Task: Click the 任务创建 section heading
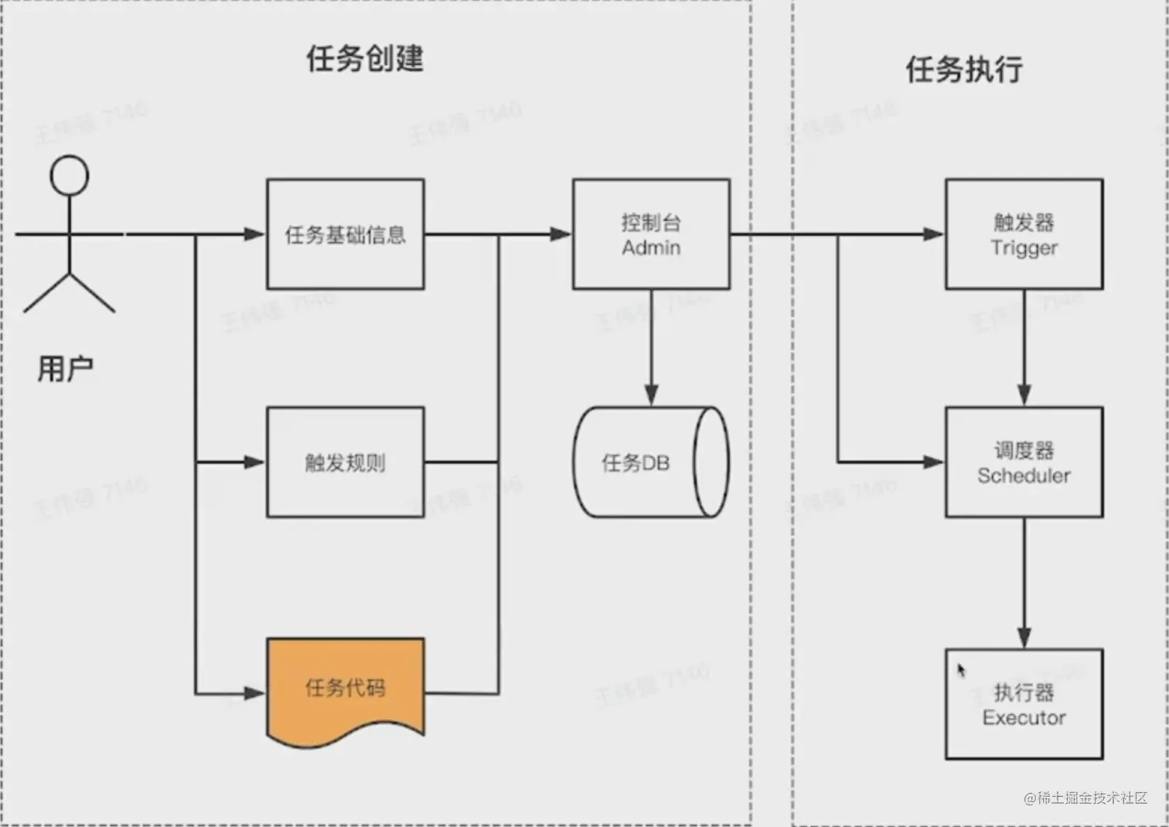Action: tap(364, 59)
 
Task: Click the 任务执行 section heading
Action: tap(963, 70)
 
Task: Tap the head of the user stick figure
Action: tap(70, 175)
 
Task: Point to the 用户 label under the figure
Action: tap(66, 369)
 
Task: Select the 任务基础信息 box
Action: tap(345, 234)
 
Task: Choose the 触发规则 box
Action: tap(345, 463)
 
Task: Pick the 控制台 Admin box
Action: tap(651, 234)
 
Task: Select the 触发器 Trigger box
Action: tap(1024, 234)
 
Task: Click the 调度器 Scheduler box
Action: tap(1024, 463)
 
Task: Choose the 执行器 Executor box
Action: tap(1024, 704)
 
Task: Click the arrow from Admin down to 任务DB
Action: tap(651, 348)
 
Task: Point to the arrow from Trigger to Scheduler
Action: tap(1024, 348)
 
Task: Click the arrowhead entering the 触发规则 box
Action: tap(255, 463)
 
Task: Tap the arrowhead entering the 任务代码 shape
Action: tap(255, 693)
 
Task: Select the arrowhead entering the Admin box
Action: tap(561, 234)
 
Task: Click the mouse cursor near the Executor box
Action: tap(961, 670)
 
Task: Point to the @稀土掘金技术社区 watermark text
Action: tap(1085, 798)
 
